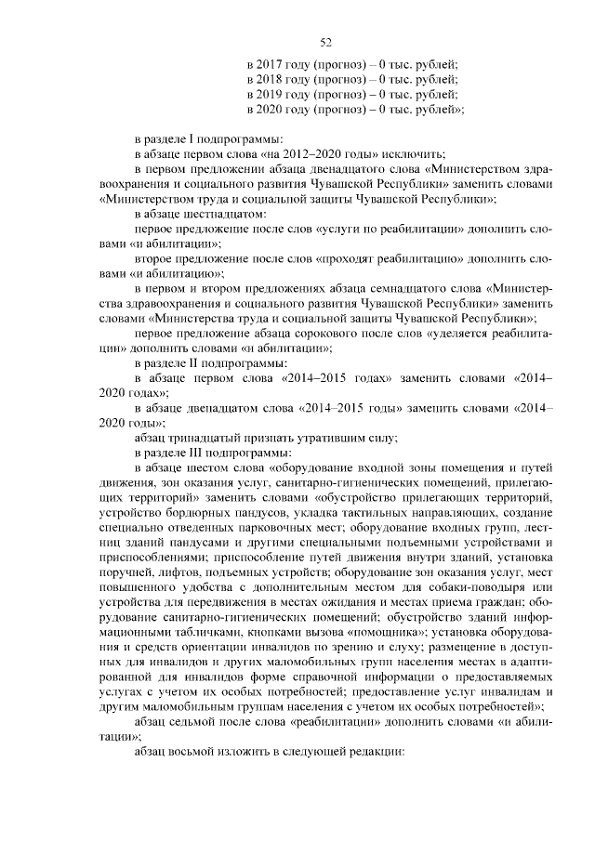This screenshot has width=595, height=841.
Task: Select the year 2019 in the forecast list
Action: (x=270, y=95)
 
